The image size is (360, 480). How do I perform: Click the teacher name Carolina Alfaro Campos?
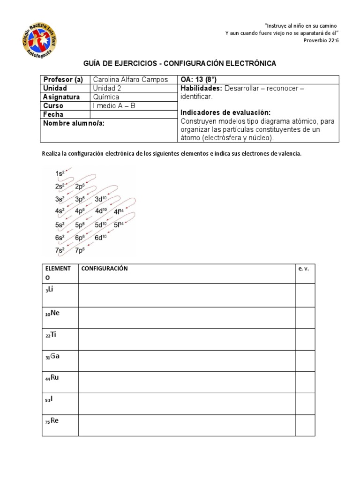coord(130,80)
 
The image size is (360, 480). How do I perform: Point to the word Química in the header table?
coord(107,97)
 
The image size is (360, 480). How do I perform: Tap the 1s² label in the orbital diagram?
coord(60,174)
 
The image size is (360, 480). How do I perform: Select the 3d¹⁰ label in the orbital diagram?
coord(101,199)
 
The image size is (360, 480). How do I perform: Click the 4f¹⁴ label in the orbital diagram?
coord(119,211)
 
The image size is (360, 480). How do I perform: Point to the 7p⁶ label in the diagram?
coord(80,250)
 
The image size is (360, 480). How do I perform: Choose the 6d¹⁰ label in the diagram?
coord(101,237)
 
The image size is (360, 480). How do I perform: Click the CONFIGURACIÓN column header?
coord(105,269)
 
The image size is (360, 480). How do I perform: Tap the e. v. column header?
coord(304,269)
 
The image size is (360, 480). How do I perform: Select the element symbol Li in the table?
coord(52,289)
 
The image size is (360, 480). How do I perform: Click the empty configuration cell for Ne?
coord(187,317)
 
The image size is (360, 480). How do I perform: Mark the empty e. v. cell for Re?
coord(305,425)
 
